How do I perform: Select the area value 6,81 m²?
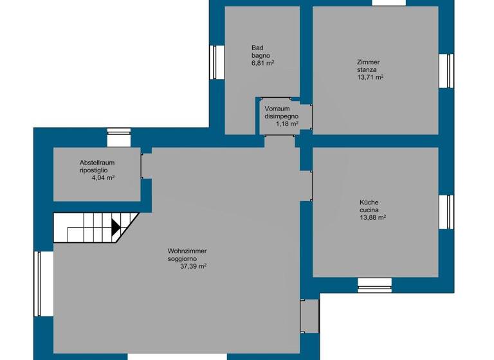pos(263,63)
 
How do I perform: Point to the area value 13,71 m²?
pos(370,77)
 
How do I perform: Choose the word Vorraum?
pos(277,109)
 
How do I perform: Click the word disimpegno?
pos(281,116)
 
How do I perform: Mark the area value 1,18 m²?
pos(287,124)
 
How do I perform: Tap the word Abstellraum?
pos(97,163)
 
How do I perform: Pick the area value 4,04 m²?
pos(103,178)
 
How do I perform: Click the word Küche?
pos(369,203)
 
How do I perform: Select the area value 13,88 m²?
pos(372,218)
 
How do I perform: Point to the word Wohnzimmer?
pos(187,251)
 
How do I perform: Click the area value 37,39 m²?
pos(193,266)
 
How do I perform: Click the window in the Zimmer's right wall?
pos(446,69)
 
